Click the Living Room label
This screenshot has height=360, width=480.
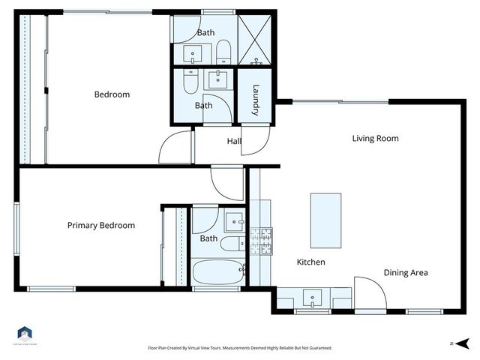tap(376, 138)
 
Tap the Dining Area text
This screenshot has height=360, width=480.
tap(406, 273)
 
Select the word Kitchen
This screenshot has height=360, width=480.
tap(310, 262)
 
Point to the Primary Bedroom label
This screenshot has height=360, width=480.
tap(101, 226)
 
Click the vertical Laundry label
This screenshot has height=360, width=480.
tap(256, 100)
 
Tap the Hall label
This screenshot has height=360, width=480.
tap(234, 141)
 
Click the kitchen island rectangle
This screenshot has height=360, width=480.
tap(325, 221)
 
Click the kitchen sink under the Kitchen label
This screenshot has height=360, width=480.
tap(312, 297)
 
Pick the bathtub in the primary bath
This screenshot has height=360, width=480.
tap(217, 271)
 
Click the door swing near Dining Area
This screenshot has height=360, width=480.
tap(369, 292)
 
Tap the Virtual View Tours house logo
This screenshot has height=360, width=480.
tap(24, 334)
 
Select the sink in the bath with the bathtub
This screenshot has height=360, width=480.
tap(235, 221)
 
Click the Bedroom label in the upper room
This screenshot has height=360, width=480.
tap(112, 94)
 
